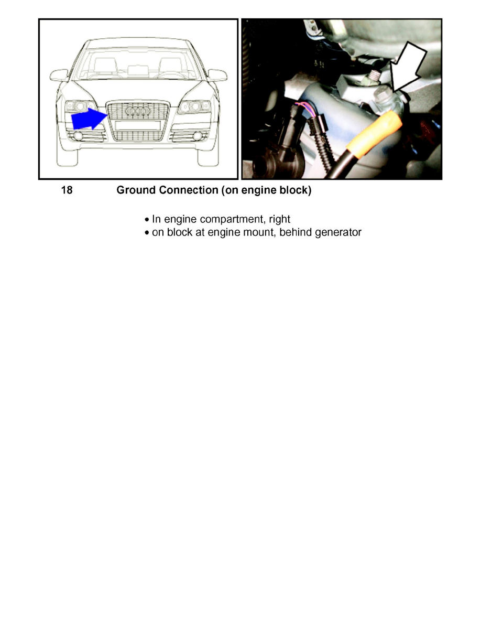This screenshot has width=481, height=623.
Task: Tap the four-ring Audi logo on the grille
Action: point(138,112)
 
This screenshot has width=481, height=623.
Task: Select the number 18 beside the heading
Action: point(67,190)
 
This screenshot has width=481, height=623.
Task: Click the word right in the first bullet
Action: point(279,219)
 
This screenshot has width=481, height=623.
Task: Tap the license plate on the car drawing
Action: point(138,125)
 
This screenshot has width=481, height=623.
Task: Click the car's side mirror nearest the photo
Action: point(217,75)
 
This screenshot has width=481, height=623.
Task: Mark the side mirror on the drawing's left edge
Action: point(59,75)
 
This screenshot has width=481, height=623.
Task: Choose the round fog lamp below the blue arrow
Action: point(80,136)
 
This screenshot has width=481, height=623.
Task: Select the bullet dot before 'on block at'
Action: point(147,232)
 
